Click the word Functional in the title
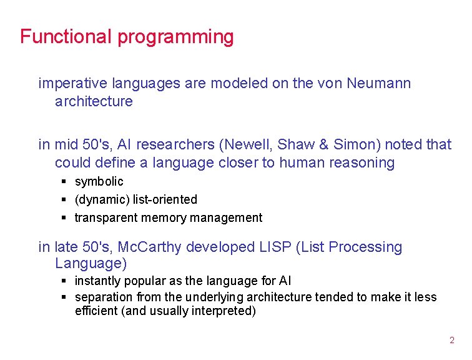(x=67, y=36)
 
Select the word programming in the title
(x=175, y=37)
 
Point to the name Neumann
(x=379, y=83)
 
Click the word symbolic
(x=99, y=182)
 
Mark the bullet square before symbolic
(x=64, y=182)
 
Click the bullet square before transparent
(x=64, y=218)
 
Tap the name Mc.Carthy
(x=155, y=247)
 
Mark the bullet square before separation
(x=64, y=297)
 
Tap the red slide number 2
(x=452, y=341)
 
